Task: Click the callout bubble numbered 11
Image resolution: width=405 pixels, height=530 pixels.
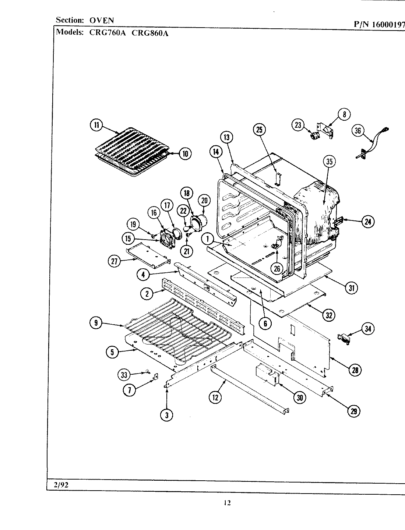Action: [x=96, y=126]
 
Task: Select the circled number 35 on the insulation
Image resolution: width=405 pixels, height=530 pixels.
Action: [x=329, y=161]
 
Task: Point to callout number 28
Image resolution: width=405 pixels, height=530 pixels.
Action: [x=355, y=370]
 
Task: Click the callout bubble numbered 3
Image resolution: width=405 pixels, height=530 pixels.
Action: [x=167, y=415]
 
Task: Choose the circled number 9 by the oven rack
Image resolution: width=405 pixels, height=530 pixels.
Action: [x=96, y=323]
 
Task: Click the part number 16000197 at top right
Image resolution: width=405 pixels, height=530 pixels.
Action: [x=389, y=25]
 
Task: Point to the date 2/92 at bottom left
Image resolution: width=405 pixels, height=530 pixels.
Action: [x=61, y=485]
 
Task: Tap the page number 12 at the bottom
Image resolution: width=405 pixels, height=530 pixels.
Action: [x=227, y=503]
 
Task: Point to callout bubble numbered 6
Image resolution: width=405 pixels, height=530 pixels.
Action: [x=265, y=324]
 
